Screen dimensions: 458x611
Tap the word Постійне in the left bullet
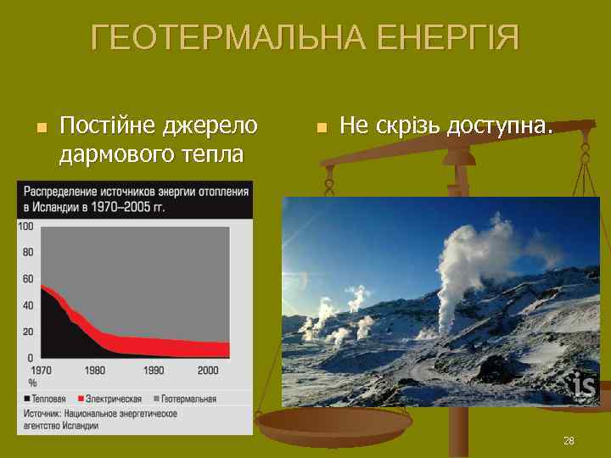tap(108, 126)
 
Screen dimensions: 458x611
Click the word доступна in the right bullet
tap(500, 126)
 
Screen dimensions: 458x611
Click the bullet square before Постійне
tap(39, 128)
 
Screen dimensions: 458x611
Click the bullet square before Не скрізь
tap(320, 128)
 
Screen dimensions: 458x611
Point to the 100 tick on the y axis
tap(25, 226)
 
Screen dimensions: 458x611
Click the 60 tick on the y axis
tap(28, 279)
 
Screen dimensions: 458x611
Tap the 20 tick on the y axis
tap(28, 332)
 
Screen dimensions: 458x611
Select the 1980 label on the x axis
tap(95, 370)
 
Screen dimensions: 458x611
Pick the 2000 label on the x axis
tap(208, 370)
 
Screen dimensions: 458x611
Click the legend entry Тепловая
tap(48, 398)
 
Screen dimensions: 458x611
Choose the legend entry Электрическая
tap(110, 398)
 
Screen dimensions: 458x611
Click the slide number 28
tap(569, 441)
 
